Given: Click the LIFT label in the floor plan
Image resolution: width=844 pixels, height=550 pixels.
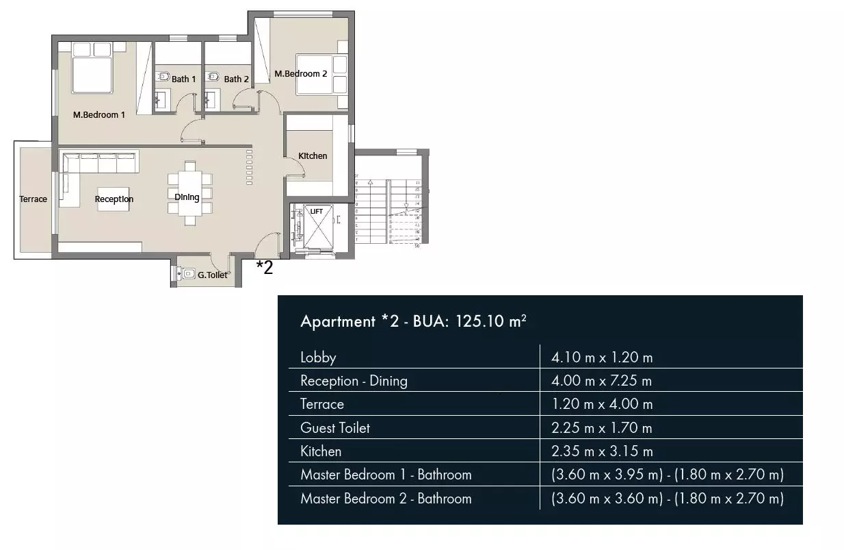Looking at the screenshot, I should (x=317, y=212).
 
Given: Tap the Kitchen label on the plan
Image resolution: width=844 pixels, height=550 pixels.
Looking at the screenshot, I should (x=313, y=156).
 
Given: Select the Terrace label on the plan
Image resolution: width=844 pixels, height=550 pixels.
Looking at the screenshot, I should (x=34, y=199).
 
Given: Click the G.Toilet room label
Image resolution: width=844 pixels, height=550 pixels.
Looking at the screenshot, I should (x=213, y=275).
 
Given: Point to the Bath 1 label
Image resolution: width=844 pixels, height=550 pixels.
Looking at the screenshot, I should (x=183, y=79).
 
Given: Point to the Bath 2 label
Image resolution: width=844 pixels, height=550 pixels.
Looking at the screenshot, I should (x=237, y=79).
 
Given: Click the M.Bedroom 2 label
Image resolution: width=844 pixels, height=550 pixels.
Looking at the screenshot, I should (x=301, y=74).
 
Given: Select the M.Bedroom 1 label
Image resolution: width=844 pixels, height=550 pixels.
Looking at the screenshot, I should (x=99, y=115).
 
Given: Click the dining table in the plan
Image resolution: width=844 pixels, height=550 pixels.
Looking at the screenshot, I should (x=189, y=192).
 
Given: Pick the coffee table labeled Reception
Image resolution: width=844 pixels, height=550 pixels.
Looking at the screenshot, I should (x=113, y=199).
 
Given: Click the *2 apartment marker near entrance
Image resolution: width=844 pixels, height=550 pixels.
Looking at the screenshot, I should (x=265, y=268).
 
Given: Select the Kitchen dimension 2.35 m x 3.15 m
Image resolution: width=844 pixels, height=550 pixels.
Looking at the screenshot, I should (x=602, y=451).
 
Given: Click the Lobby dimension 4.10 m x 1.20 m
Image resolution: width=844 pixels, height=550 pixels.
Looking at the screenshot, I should (x=602, y=358).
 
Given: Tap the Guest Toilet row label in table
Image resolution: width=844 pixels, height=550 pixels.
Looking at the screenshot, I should (x=335, y=428).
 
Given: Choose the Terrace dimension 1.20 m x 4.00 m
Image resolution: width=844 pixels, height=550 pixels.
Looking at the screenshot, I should (x=602, y=404).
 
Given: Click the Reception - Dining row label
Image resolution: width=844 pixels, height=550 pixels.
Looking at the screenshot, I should (x=354, y=381).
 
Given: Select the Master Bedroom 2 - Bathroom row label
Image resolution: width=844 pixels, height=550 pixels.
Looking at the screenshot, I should (x=386, y=499).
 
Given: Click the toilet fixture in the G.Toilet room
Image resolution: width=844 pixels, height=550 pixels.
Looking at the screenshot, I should (x=187, y=274).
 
